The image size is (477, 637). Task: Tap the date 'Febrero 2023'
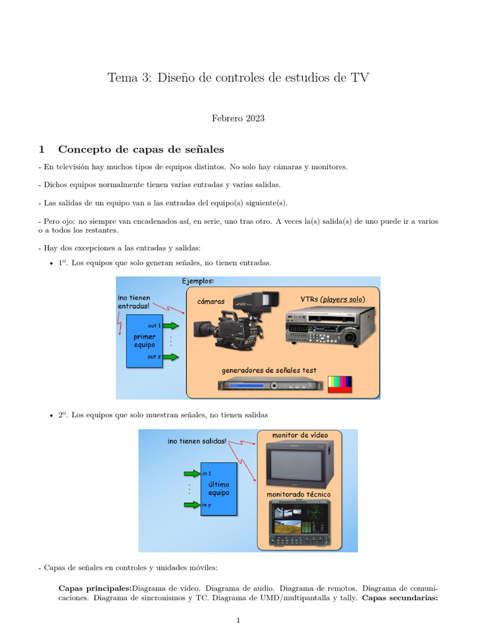(238, 118)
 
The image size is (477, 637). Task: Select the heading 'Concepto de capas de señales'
(140, 149)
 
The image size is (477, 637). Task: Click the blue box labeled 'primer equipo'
(144, 340)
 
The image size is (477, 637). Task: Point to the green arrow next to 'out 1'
(172, 325)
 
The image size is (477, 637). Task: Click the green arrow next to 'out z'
(172, 357)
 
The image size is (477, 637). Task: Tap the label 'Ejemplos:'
(199, 281)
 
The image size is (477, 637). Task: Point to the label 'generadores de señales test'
(269, 370)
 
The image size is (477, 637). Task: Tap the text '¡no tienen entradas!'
(134, 302)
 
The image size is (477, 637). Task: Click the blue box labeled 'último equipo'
(219, 488)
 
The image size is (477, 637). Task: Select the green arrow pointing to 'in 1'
(191, 473)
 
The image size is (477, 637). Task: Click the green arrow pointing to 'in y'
(191, 504)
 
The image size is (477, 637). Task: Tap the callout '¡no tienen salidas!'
(197, 441)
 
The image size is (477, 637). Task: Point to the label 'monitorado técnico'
(299, 494)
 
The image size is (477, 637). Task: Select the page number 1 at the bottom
(238, 620)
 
